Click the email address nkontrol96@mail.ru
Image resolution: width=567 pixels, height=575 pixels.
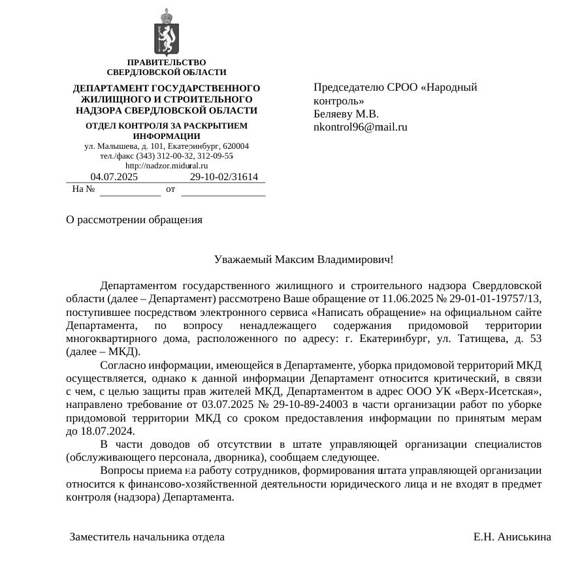click(x=361, y=127)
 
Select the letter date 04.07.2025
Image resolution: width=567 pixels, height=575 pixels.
click(x=114, y=177)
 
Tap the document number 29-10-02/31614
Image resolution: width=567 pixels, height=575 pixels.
click(x=223, y=177)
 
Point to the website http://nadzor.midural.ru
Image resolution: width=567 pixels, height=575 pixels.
click(x=166, y=166)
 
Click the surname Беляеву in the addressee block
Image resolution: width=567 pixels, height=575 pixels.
click(x=333, y=114)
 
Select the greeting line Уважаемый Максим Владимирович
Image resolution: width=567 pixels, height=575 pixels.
click(x=303, y=260)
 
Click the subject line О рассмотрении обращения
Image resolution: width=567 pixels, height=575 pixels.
click(x=134, y=220)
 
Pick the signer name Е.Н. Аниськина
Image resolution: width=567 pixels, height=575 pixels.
click(x=511, y=537)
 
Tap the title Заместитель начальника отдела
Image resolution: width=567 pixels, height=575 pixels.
click(x=147, y=537)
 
